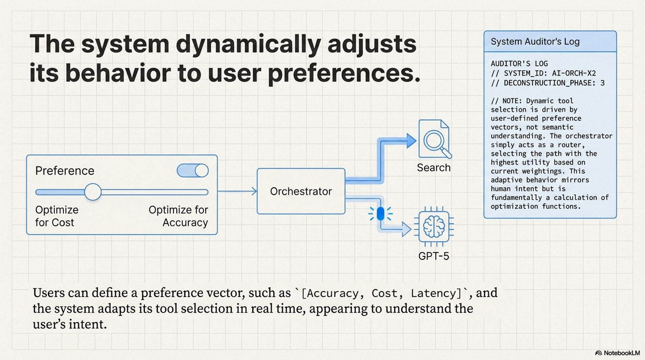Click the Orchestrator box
[301, 191]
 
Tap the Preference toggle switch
[193, 170]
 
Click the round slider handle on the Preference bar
[93, 192]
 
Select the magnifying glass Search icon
[435, 139]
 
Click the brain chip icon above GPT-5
[433, 227]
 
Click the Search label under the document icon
[434, 168]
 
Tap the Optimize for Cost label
[57, 216]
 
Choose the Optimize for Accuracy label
[179, 216]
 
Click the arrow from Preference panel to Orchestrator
[237, 191]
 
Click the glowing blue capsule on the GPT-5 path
[380, 214]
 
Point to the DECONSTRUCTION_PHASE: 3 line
[548, 83]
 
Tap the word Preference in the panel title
[65, 171]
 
